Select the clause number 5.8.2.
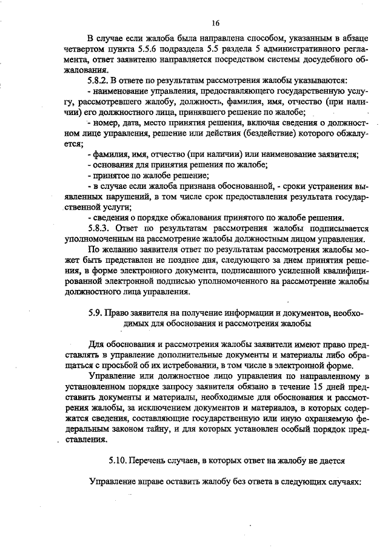tap(99, 80)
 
